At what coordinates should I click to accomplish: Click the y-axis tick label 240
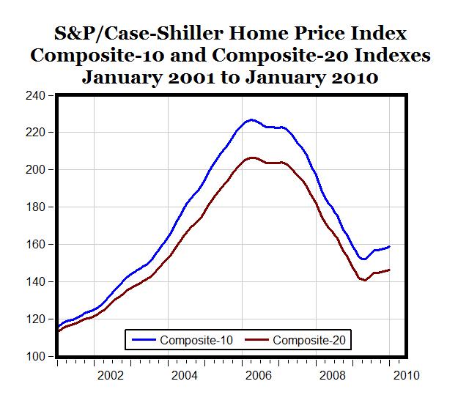point(35,95)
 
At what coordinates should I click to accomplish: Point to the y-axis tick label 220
point(35,133)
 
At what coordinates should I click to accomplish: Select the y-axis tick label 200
point(35,170)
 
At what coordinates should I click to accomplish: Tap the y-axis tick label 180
point(35,207)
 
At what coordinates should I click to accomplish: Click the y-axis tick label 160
point(35,245)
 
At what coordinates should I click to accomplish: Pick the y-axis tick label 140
point(35,282)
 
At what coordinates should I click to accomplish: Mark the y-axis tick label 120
point(35,319)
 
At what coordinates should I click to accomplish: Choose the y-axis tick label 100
point(35,357)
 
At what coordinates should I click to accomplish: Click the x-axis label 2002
point(111,376)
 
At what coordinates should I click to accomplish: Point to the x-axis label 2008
point(333,376)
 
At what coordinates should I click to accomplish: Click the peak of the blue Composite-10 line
point(251,119)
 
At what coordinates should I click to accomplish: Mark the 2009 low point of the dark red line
point(365,281)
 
